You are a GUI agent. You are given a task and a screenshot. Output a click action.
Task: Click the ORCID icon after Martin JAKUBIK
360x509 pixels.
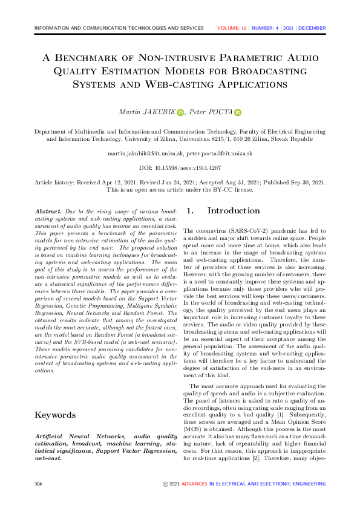click(x=180, y=112)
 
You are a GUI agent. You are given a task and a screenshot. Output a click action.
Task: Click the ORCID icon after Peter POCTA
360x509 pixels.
click(x=238, y=112)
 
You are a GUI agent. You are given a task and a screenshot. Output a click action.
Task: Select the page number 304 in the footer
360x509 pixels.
click(x=39, y=484)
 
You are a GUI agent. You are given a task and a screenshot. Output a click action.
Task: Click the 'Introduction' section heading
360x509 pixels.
click(x=234, y=211)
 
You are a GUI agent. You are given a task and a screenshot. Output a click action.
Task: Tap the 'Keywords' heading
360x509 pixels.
click(x=55, y=415)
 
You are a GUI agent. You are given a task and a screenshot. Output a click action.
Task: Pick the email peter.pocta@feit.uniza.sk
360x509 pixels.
click(x=218, y=154)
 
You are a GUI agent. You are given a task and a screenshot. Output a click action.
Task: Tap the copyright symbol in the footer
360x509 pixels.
click(x=166, y=484)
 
